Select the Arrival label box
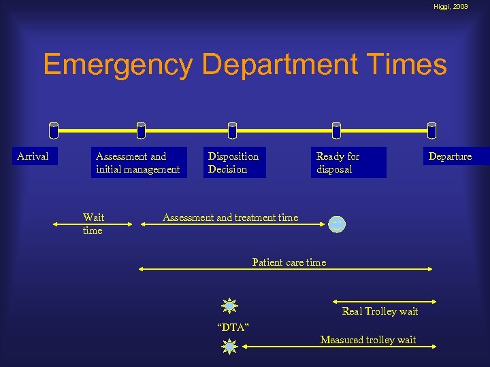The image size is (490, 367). pos(33,156)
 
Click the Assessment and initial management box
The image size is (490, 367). pos(138,162)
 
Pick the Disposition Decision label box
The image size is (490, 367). pos(234,162)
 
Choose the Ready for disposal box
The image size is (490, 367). pos(348,162)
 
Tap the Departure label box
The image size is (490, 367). pos(450,156)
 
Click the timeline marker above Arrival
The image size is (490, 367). pos(54,130)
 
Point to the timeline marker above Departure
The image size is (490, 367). pos(431,130)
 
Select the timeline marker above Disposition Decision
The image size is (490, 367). pos(232,130)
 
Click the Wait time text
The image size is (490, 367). pos(93,224)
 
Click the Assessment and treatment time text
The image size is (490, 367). pos(230,217)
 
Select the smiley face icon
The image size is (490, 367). pos(337,224)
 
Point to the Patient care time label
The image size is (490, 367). pos(289,262)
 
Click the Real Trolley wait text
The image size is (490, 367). pos(380,311)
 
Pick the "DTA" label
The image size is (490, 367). pos(233,328)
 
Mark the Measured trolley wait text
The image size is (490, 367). pos(367,339)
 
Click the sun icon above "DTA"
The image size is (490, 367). pos(230,306)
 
